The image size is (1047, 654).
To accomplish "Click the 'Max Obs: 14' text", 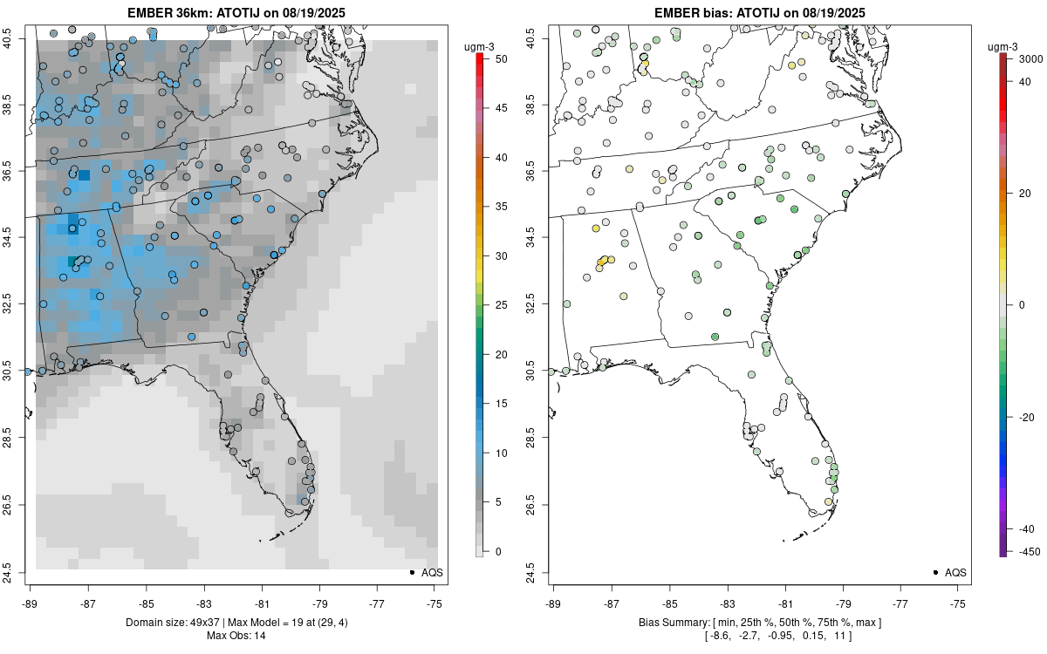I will [236, 636].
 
